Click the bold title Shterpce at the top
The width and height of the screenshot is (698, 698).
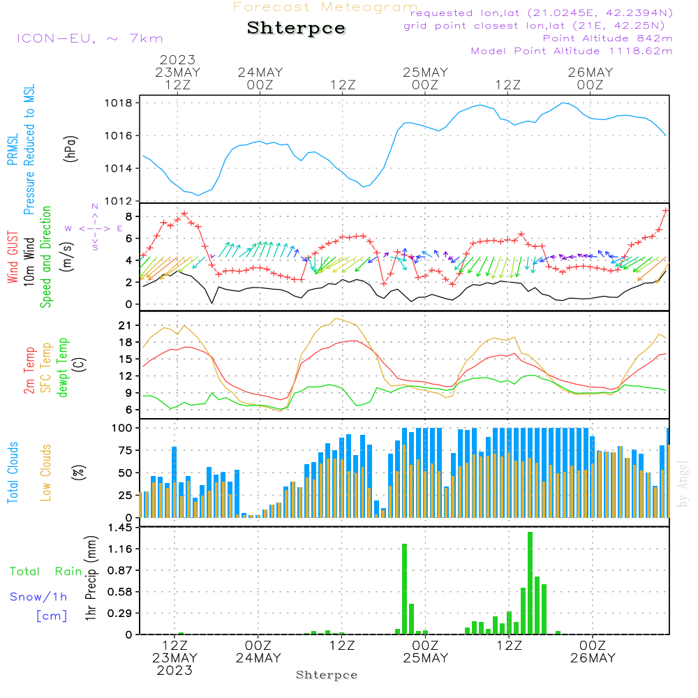coord(297,28)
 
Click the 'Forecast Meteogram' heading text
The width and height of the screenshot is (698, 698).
coord(325,7)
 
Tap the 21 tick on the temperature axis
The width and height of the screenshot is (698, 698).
coord(126,326)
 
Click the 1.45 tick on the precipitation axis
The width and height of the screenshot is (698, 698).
coord(120,528)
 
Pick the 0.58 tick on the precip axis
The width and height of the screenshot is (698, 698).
coord(120,592)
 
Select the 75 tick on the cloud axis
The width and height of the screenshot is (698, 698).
coord(126,450)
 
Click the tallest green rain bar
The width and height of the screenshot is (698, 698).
coord(530,583)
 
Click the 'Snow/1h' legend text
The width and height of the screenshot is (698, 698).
coord(38,597)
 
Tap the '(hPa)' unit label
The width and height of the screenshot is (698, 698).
coord(70,148)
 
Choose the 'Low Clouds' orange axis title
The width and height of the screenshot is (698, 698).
coord(46,473)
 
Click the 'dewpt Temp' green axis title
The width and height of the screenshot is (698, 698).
coord(63,368)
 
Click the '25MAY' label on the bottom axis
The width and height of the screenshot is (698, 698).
coord(425,658)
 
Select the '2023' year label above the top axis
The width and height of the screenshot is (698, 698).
coord(177,60)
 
